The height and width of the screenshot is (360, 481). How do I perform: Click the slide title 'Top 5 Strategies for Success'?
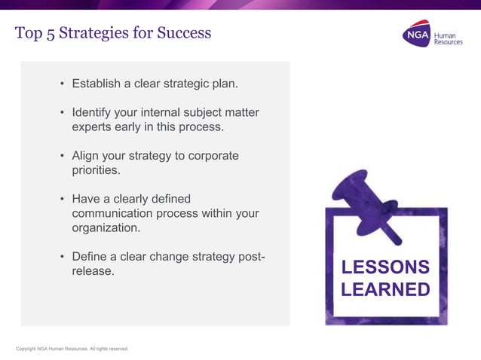pyautogui.click(x=113, y=33)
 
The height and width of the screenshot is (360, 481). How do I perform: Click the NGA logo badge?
pyautogui.click(x=415, y=35)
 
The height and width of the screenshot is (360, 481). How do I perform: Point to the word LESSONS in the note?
pyautogui.click(x=385, y=267)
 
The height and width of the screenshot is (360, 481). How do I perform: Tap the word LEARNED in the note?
pyautogui.click(x=385, y=290)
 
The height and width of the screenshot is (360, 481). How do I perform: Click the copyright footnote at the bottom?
pyautogui.click(x=72, y=349)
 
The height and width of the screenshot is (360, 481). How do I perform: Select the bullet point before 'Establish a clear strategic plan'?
pyautogui.click(x=62, y=83)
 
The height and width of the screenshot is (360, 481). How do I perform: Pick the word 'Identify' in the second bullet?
pyautogui.click(x=93, y=112)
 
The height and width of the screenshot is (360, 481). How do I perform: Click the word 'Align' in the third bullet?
pyautogui.click(x=86, y=156)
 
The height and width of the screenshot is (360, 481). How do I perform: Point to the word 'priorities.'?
pyautogui.click(x=96, y=170)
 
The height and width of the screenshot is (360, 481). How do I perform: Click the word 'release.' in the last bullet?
pyautogui.click(x=93, y=271)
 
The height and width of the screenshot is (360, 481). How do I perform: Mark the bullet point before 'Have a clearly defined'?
pyautogui.click(x=62, y=200)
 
